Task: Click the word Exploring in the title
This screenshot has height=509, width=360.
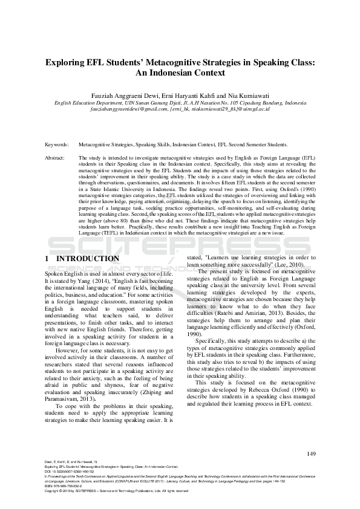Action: pos(68,62)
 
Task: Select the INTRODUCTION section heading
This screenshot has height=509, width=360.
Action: pos(88,259)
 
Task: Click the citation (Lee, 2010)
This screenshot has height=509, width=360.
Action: pos(290,265)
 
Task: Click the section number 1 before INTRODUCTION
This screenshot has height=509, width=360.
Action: pos(48,259)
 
